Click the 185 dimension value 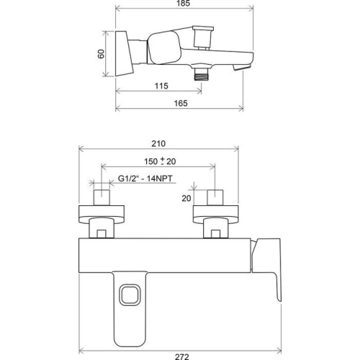pos(183,3)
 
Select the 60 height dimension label pos(102,54)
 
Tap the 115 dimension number pos(161,86)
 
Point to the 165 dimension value pos(181,103)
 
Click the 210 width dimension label pos(158,143)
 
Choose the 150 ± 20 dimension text pos(160,161)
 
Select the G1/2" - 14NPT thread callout pos(145,179)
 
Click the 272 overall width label pos(182,357)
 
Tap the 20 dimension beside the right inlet pos(186,198)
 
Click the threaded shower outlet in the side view pos(201,74)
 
